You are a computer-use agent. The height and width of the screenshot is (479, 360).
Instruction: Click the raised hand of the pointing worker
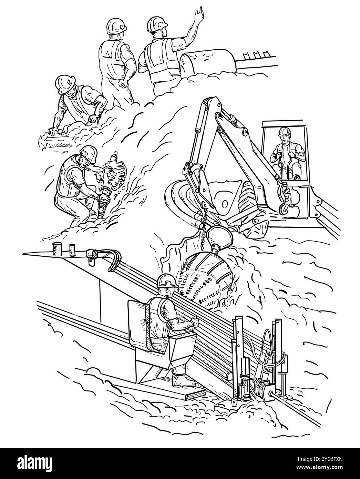click(200, 13)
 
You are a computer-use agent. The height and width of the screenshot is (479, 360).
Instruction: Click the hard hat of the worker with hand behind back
click(116, 26)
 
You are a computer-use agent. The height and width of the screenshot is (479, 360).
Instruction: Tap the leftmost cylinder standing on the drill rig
click(55, 249)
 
